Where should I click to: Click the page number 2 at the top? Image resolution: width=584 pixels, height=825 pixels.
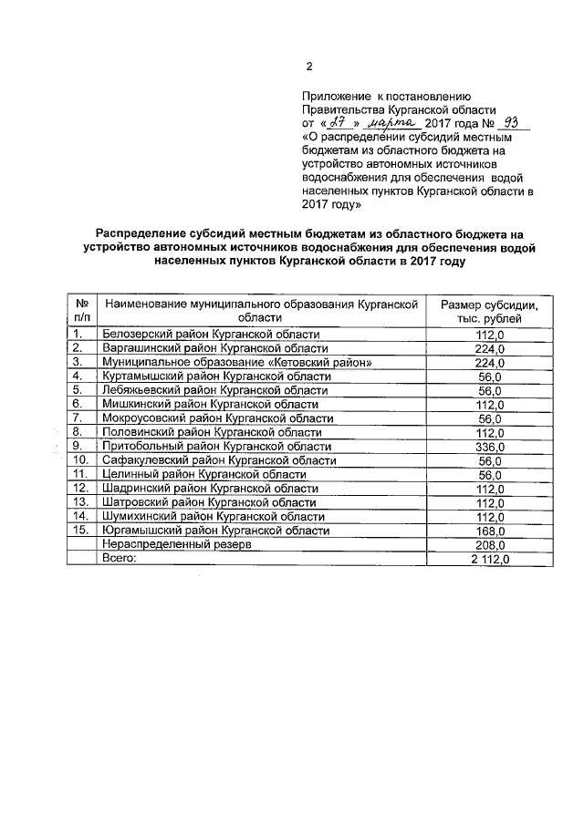pyautogui.click(x=308, y=66)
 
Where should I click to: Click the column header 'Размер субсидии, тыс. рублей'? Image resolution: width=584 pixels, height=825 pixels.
pyautogui.click(x=490, y=312)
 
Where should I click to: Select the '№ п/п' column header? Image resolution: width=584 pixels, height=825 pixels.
pyautogui.click(x=82, y=312)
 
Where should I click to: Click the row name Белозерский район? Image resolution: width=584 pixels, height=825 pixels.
pyautogui.click(x=211, y=334)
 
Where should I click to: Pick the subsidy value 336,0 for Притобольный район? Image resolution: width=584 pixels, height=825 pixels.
pyautogui.click(x=490, y=447)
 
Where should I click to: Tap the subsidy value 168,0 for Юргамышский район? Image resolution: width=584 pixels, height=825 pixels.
pyautogui.click(x=490, y=531)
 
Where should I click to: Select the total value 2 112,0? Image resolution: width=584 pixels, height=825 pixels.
pyautogui.click(x=490, y=559)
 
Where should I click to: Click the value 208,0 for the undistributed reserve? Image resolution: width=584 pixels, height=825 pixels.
pyautogui.click(x=490, y=544)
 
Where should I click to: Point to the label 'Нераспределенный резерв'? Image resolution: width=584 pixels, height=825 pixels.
pyautogui.click(x=176, y=544)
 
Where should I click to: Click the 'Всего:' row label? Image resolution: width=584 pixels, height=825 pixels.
pyautogui.click(x=119, y=558)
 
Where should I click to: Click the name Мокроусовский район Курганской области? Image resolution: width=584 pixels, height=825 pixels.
pyautogui.click(x=217, y=418)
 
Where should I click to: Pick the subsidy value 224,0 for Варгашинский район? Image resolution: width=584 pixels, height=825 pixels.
pyautogui.click(x=490, y=348)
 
